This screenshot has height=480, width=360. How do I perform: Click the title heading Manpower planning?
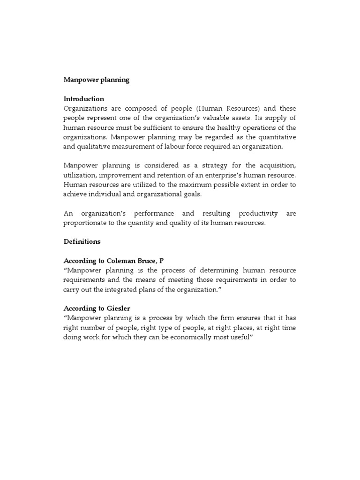click(96, 80)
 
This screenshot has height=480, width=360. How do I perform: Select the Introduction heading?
click(84, 99)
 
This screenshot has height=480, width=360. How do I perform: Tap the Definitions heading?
click(82, 242)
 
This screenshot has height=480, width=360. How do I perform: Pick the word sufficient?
click(164, 127)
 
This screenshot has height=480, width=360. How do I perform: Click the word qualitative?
click(92, 146)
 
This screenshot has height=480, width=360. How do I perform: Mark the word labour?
click(171, 146)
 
